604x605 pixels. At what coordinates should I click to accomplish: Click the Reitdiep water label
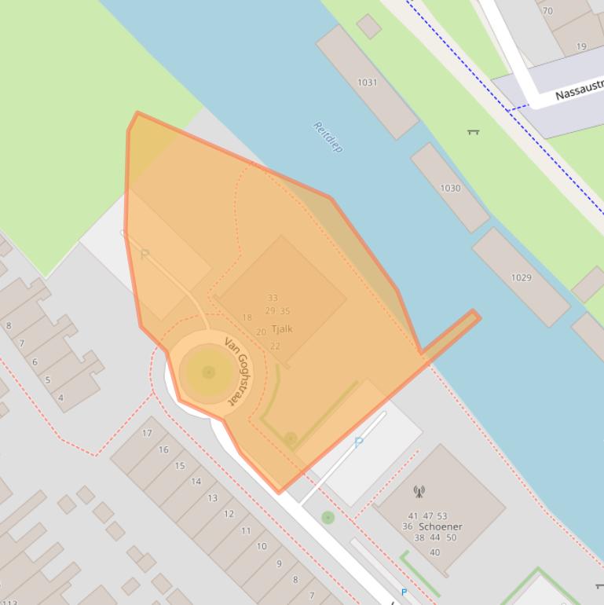pyautogui.click(x=328, y=137)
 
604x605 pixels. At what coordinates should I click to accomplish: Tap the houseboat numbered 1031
pyautogui.click(x=367, y=82)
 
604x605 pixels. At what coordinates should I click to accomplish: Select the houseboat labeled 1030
pyautogui.click(x=450, y=188)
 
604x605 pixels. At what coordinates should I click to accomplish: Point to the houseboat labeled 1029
pyautogui.click(x=521, y=277)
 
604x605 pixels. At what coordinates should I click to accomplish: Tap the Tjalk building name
pyautogui.click(x=281, y=329)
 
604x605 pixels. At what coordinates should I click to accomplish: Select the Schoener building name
pyautogui.click(x=441, y=526)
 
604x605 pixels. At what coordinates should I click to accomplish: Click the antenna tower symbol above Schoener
pyautogui.click(x=419, y=493)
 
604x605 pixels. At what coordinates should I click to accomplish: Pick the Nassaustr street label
pyautogui.click(x=580, y=88)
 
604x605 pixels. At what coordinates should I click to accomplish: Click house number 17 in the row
pyautogui.click(x=147, y=433)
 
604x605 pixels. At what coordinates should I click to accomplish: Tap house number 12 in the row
pyautogui.click(x=229, y=514)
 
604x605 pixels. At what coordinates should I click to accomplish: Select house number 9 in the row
pyautogui.click(x=279, y=563)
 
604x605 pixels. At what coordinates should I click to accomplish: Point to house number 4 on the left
pyautogui.click(x=60, y=398)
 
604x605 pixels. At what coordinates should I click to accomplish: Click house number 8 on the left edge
pyautogui.click(x=9, y=325)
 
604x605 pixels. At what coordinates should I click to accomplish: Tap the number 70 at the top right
pyautogui.click(x=547, y=11)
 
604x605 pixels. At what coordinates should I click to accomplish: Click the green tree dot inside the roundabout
pyautogui.click(x=208, y=372)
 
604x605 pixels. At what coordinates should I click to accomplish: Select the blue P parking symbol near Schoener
pyautogui.click(x=358, y=442)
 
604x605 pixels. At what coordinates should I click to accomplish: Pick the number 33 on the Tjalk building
pyautogui.click(x=273, y=298)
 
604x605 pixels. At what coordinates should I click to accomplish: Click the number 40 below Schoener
pyautogui.click(x=434, y=552)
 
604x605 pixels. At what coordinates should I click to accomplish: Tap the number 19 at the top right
pyautogui.click(x=581, y=46)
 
